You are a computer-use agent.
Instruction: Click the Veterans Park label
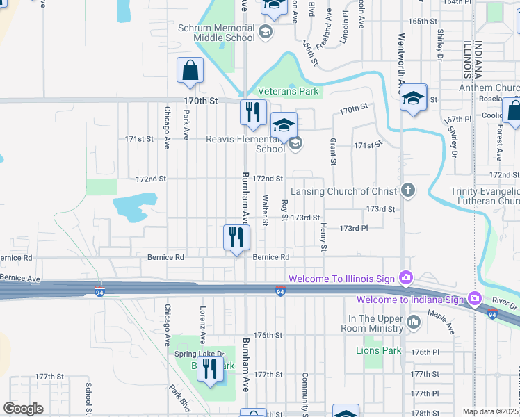288,91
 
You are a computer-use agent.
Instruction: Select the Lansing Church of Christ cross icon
408,190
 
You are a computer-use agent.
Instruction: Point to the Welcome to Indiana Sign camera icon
475,299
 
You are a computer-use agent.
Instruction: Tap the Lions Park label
377,350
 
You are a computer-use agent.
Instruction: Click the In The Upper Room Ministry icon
414,322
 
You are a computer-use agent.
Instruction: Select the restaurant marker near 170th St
252,113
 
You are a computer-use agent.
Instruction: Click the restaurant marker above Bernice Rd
236,238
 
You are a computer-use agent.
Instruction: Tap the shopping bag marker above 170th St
190,72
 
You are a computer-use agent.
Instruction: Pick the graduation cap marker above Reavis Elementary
284,125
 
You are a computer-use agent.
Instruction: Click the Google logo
23,408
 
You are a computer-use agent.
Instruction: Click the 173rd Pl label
353,228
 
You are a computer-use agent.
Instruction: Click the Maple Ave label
441,322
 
